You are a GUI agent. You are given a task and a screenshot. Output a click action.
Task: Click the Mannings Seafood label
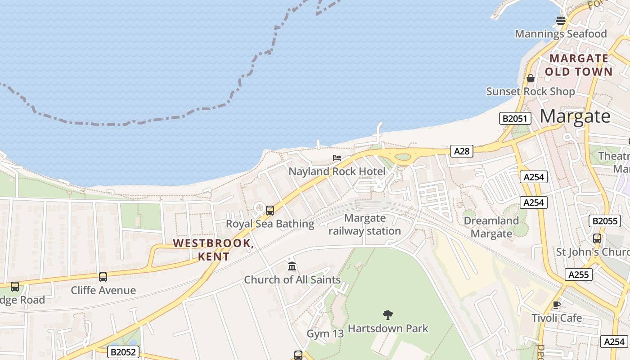[561, 34]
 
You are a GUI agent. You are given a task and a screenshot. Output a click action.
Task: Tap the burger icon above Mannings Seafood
[561, 20]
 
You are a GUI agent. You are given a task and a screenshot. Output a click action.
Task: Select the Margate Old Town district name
[579, 65]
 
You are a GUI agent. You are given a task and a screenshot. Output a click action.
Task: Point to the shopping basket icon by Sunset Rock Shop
[531, 78]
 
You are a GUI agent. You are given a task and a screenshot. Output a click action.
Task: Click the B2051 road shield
[515, 119]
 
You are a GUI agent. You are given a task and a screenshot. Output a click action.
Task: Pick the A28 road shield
[462, 151]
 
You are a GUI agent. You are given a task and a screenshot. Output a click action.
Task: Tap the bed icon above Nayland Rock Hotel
[337, 158]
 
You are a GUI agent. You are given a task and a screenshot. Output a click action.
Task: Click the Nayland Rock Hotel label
[337, 171]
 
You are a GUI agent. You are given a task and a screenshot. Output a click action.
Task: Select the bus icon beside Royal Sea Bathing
[270, 210]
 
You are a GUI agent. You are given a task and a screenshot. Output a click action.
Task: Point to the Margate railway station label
[364, 225]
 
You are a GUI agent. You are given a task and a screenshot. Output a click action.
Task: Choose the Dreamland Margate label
[491, 227]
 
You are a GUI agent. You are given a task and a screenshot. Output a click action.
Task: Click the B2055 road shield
[605, 221]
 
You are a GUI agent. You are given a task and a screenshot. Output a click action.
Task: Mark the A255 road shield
[578, 274]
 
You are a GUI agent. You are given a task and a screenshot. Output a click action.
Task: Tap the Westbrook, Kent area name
[214, 250]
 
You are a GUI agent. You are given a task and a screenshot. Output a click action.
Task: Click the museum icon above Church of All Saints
[292, 266]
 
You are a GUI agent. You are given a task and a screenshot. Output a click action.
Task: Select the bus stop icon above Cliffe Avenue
[103, 277]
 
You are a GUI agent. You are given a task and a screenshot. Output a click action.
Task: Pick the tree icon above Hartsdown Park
[387, 315]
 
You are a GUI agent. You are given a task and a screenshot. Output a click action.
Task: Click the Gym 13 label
[325, 334]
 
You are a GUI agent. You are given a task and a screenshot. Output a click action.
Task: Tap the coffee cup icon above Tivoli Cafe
[557, 305]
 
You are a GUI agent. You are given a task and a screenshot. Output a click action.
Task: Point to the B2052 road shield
[123, 352]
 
